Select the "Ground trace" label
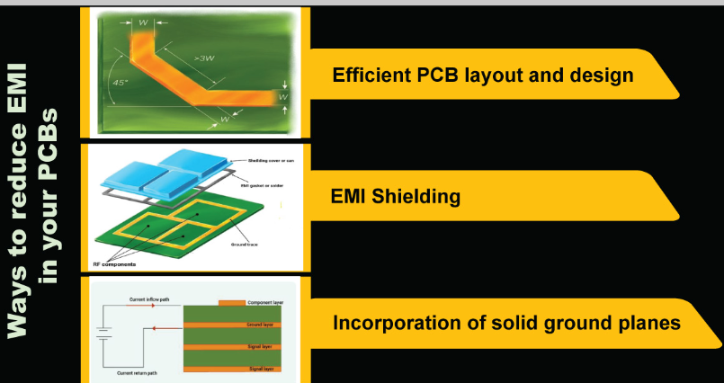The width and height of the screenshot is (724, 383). [246, 243]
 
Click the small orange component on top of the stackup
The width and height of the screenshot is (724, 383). [231, 302]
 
